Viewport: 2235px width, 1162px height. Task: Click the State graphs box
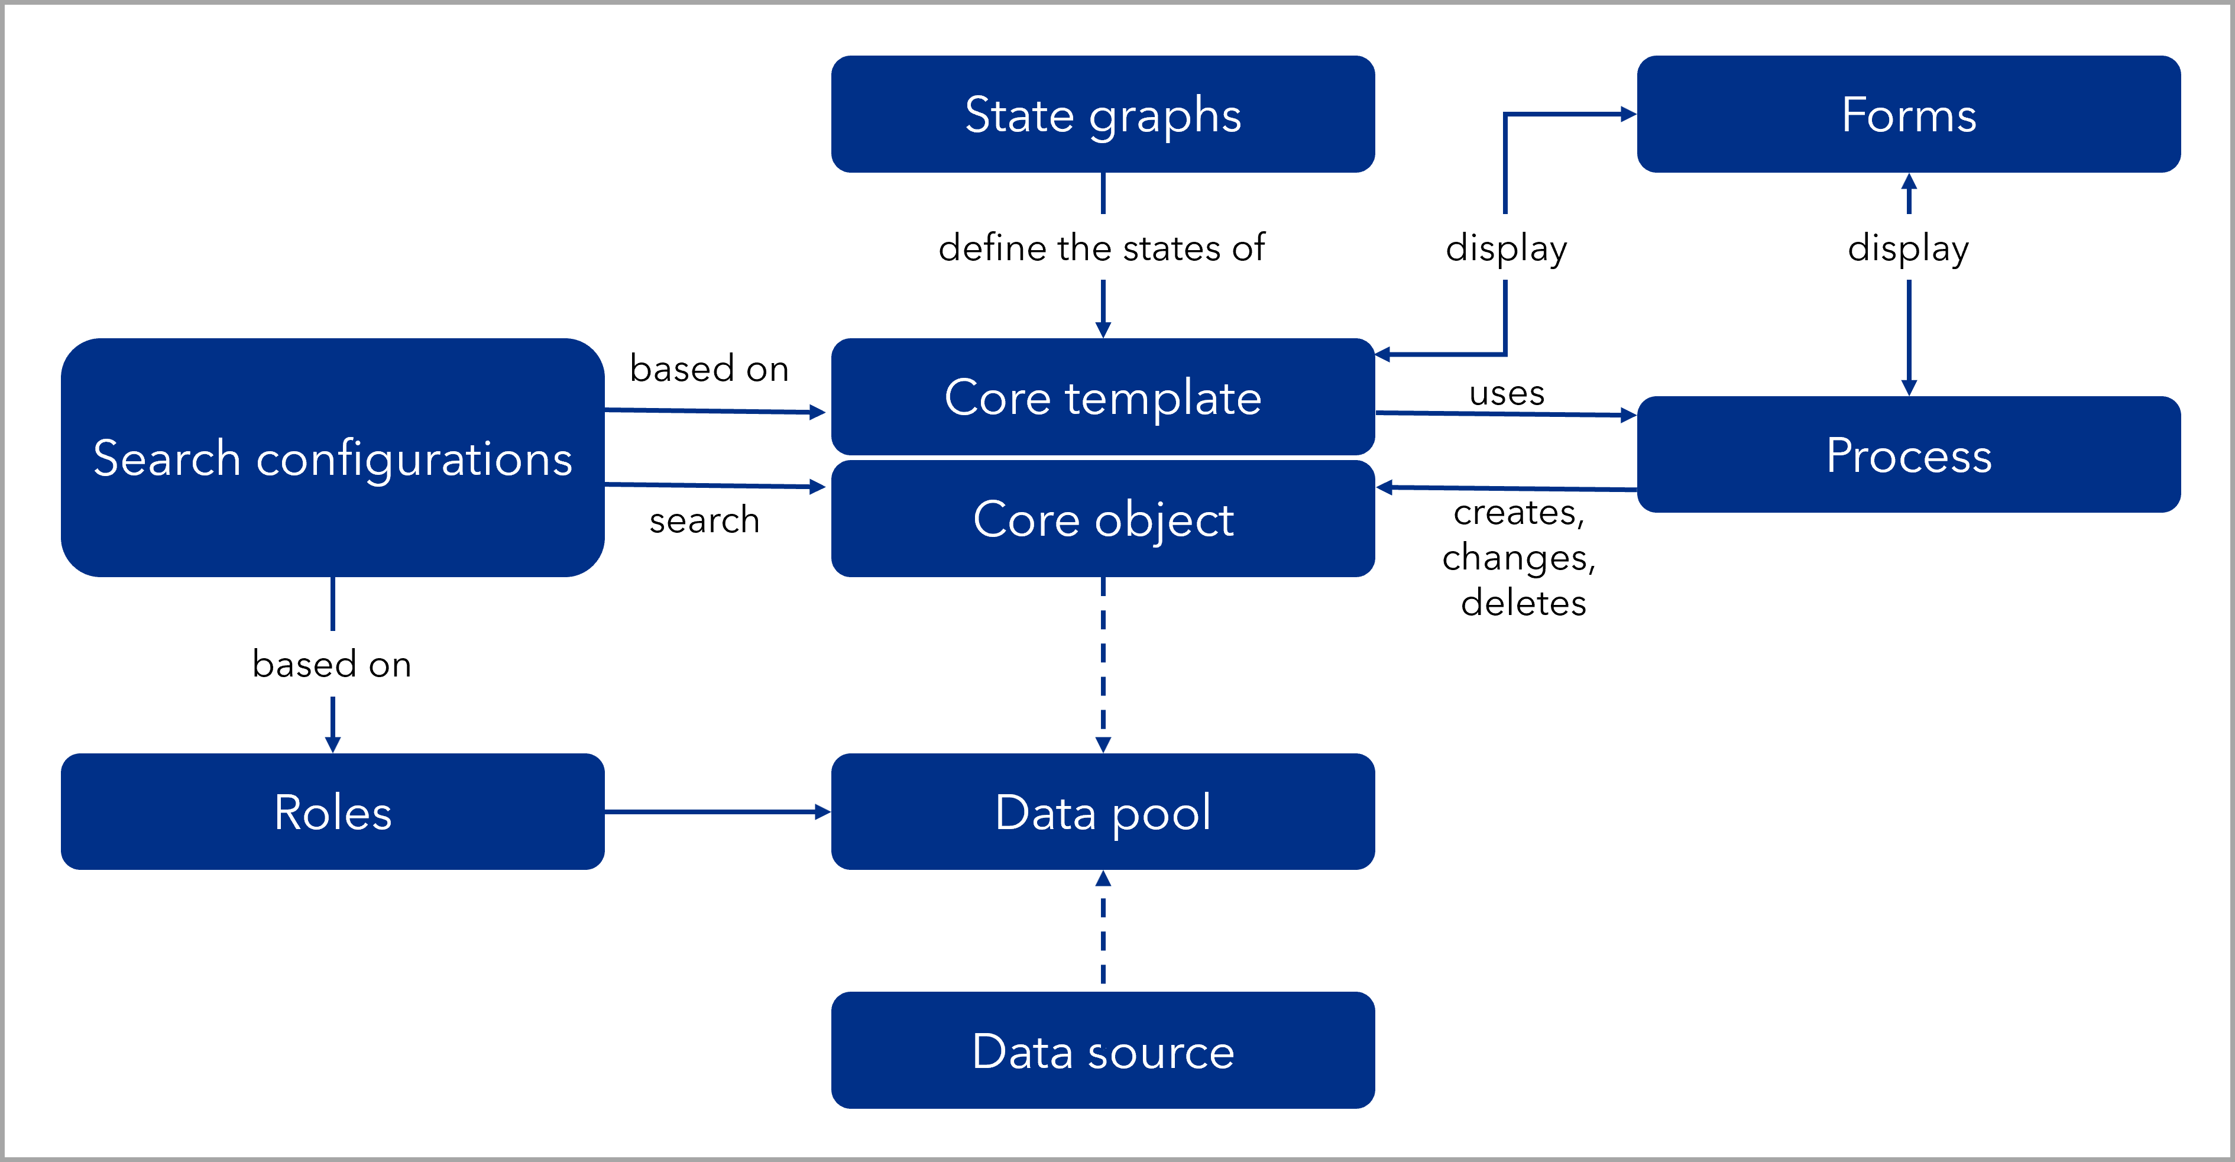point(1103,115)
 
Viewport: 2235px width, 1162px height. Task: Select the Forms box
point(1908,115)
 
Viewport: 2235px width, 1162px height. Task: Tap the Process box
point(1908,455)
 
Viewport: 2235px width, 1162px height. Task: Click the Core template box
point(1103,397)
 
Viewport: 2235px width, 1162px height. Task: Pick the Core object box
point(1103,519)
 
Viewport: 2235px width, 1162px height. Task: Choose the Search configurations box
point(332,458)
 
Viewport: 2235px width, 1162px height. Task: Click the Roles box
point(332,811)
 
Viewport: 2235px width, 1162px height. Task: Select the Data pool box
point(1103,811)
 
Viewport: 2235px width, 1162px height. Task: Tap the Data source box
point(1103,1050)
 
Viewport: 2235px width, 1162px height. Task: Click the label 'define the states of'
point(1103,247)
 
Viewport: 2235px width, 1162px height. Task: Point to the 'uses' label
point(1506,391)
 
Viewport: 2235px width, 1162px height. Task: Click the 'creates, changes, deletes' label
point(1523,557)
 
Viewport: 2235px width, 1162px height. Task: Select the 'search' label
point(705,520)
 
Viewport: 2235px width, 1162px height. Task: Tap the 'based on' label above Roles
point(332,664)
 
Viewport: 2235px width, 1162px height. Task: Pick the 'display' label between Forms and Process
point(1908,247)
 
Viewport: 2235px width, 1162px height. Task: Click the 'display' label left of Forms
point(1506,247)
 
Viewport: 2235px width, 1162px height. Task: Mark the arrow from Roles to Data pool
point(717,811)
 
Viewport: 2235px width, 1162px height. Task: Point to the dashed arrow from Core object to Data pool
point(1103,664)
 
